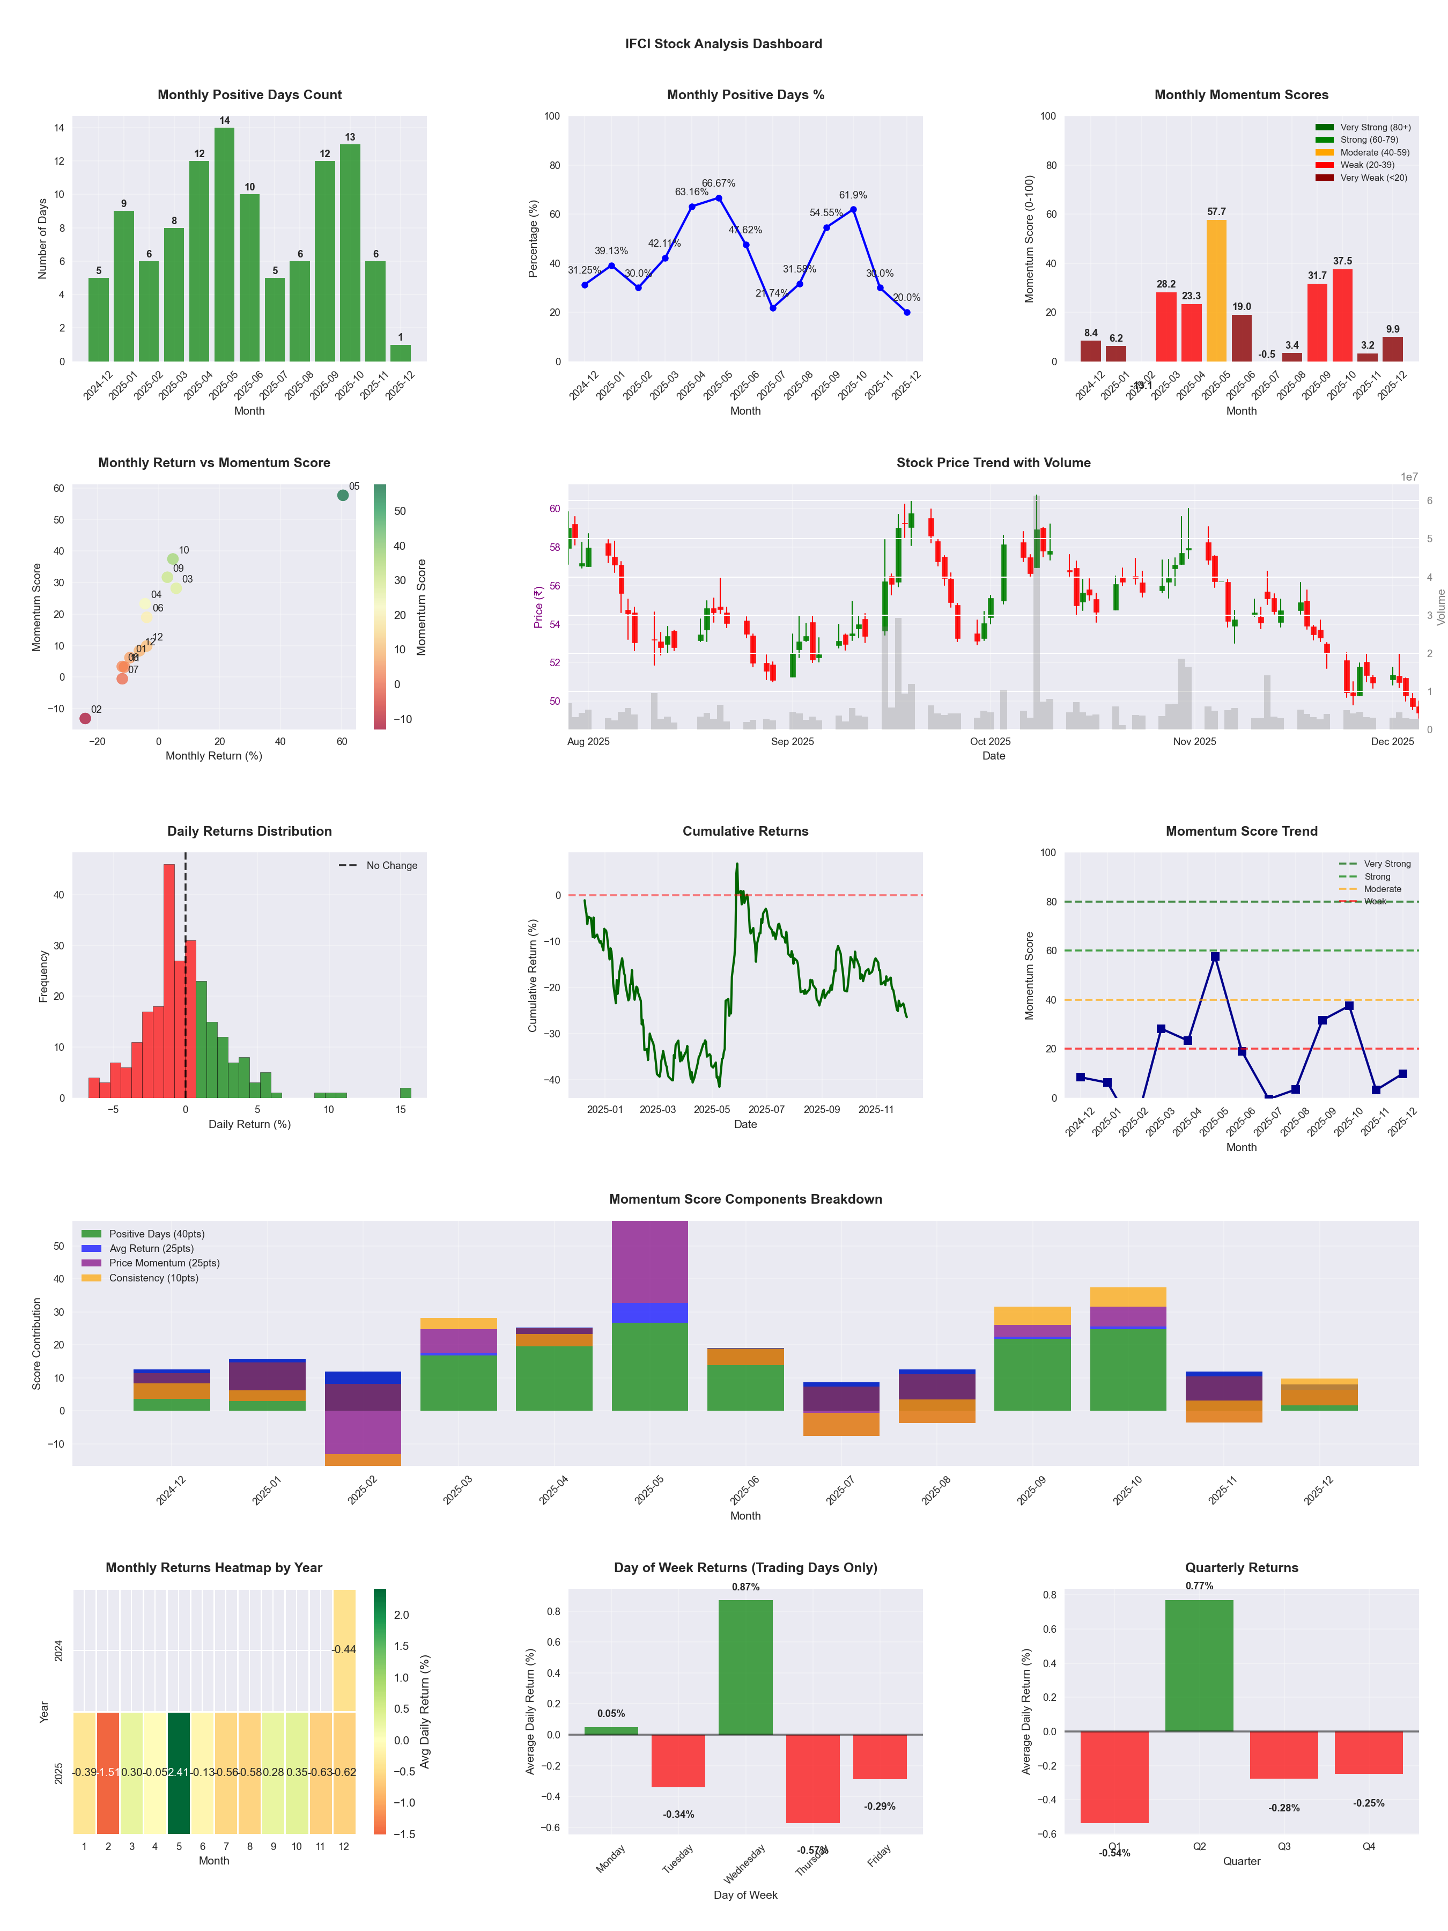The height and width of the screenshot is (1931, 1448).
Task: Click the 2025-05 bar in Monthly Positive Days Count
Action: coord(224,245)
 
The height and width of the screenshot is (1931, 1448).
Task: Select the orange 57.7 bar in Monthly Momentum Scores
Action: coord(1216,291)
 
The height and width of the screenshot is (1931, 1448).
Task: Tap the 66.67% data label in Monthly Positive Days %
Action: coord(718,183)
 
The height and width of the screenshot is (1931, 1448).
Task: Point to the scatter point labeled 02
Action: coord(85,718)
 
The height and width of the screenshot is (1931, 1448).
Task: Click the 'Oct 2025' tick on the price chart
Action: coord(990,741)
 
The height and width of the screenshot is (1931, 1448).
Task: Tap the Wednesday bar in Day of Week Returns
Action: coord(745,1667)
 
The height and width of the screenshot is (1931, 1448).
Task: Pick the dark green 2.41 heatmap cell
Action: coord(179,1772)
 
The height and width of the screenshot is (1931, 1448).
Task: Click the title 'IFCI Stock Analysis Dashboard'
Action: coord(723,43)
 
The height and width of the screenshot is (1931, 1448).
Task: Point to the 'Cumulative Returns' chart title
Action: coord(745,831)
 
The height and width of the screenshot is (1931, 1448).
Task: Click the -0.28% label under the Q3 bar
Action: coord(1284,1808)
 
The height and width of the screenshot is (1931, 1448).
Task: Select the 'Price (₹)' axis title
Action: coord(538,607)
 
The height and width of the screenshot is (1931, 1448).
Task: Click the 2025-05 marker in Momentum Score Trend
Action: coord(1215,957)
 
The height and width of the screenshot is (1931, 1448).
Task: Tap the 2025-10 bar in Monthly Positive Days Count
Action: coord(350,253)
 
